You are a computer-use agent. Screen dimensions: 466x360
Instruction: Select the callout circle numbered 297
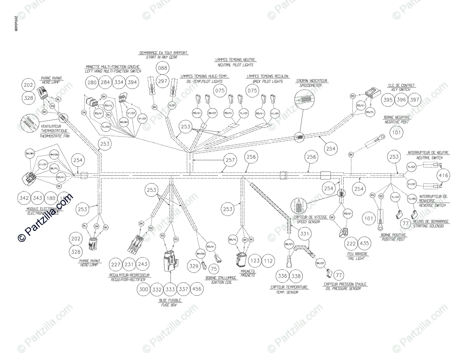162,81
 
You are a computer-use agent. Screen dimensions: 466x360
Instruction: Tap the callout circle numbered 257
230,159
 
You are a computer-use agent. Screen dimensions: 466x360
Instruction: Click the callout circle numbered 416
443,176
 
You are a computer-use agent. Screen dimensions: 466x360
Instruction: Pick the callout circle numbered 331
305,234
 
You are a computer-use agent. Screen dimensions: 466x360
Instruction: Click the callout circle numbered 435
364,243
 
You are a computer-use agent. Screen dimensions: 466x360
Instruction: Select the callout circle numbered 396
402,100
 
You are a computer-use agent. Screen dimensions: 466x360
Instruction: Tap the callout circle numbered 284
105,83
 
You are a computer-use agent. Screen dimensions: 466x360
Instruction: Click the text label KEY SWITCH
402,90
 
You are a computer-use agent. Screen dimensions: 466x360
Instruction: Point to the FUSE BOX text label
169,305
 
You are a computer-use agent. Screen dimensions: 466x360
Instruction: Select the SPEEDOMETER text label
312,85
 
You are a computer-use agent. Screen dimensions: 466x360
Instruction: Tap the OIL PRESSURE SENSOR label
345,289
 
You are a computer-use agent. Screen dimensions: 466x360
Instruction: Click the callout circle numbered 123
255,261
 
